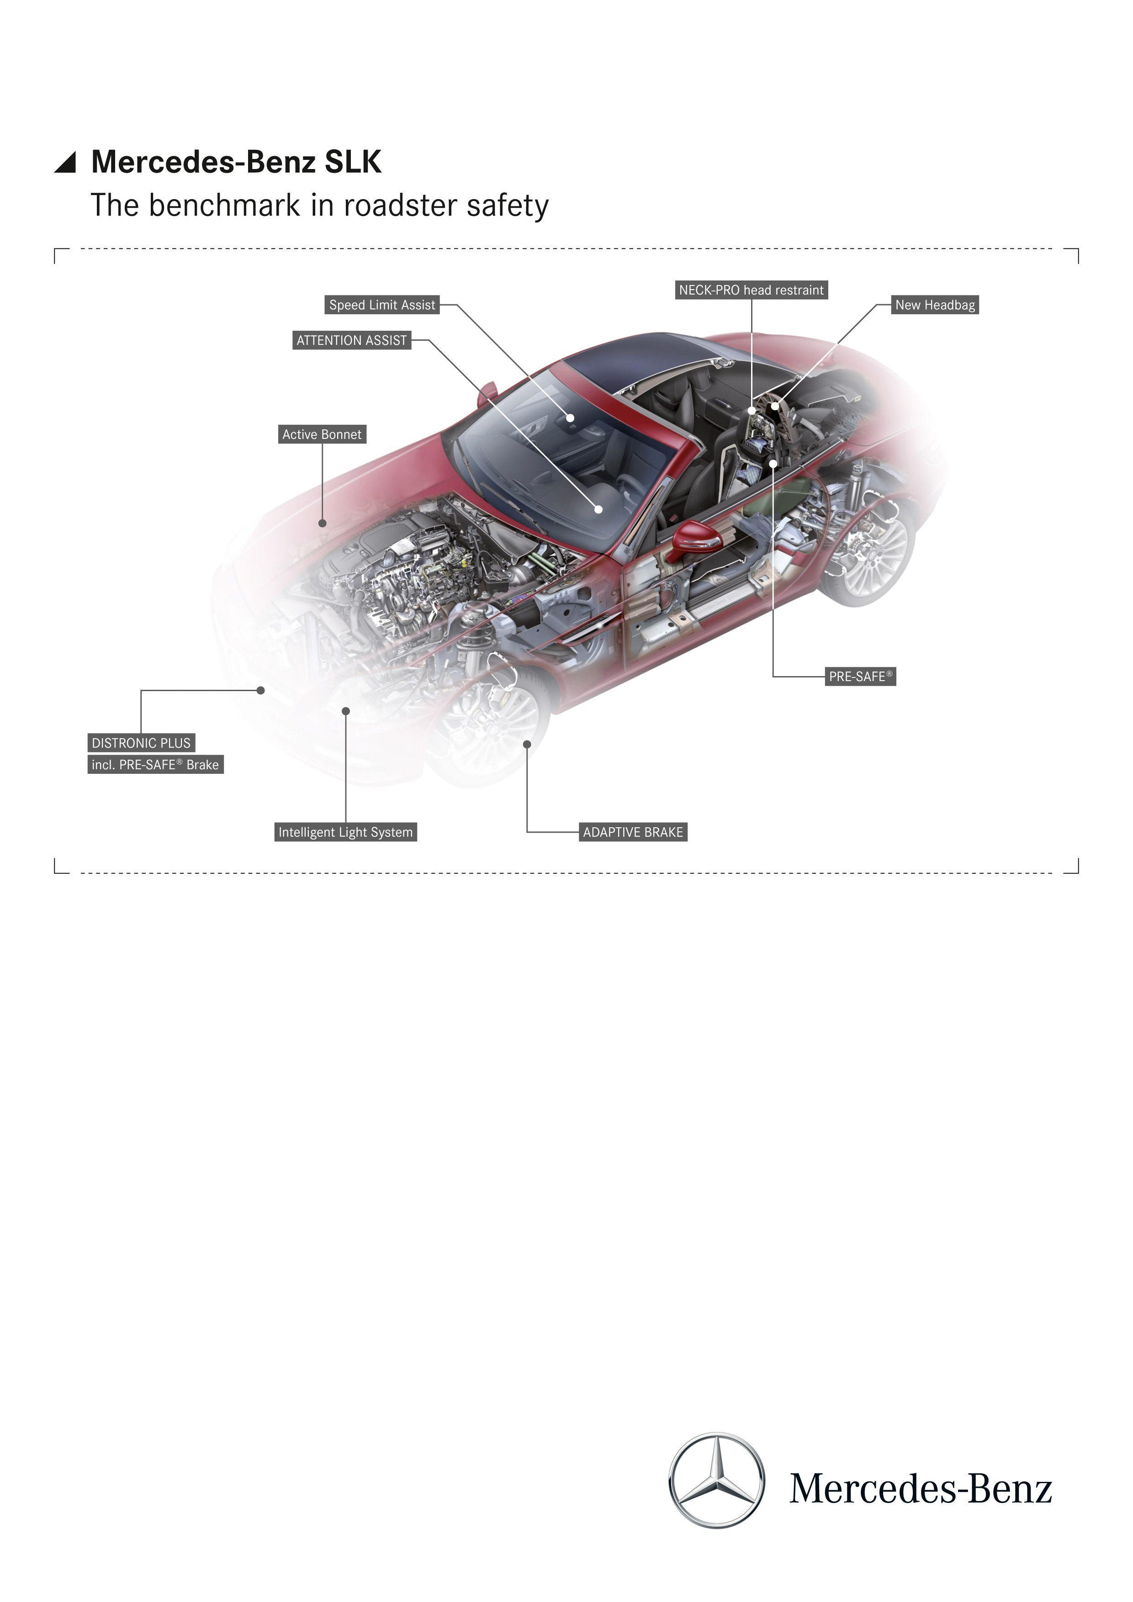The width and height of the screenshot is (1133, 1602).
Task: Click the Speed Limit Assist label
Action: (382, 305)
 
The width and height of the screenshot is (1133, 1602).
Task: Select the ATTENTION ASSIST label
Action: (352, 340)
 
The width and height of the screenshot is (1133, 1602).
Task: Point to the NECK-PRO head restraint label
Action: (752, 290)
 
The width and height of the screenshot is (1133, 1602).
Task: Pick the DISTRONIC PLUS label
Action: (141, 743)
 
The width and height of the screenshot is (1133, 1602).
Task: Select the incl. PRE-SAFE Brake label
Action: (156, 765)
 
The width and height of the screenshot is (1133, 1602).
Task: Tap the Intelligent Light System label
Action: (346, 832)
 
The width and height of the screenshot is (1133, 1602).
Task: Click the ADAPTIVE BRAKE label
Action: (633, 832)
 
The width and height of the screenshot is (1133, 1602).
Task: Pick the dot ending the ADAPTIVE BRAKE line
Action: (527, 745)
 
